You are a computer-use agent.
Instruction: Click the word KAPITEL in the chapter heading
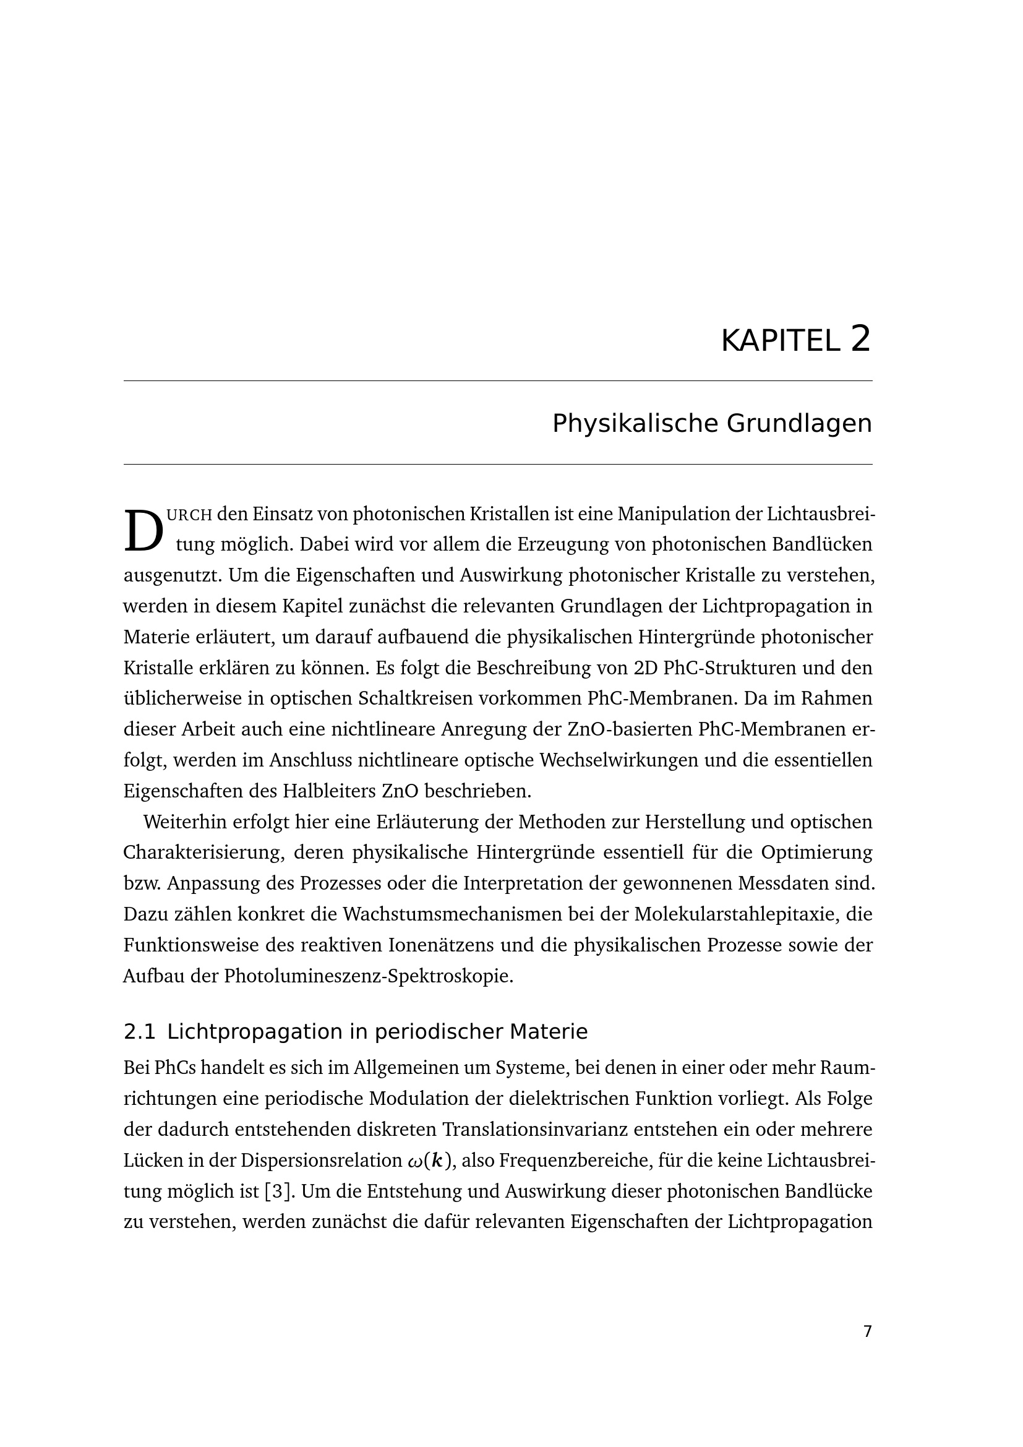tap(780, 341)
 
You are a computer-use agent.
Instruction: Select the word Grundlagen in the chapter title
tap(798, 424)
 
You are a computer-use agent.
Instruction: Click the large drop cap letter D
tap(143, 530)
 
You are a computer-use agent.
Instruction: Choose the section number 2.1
tap(139, 1033)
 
